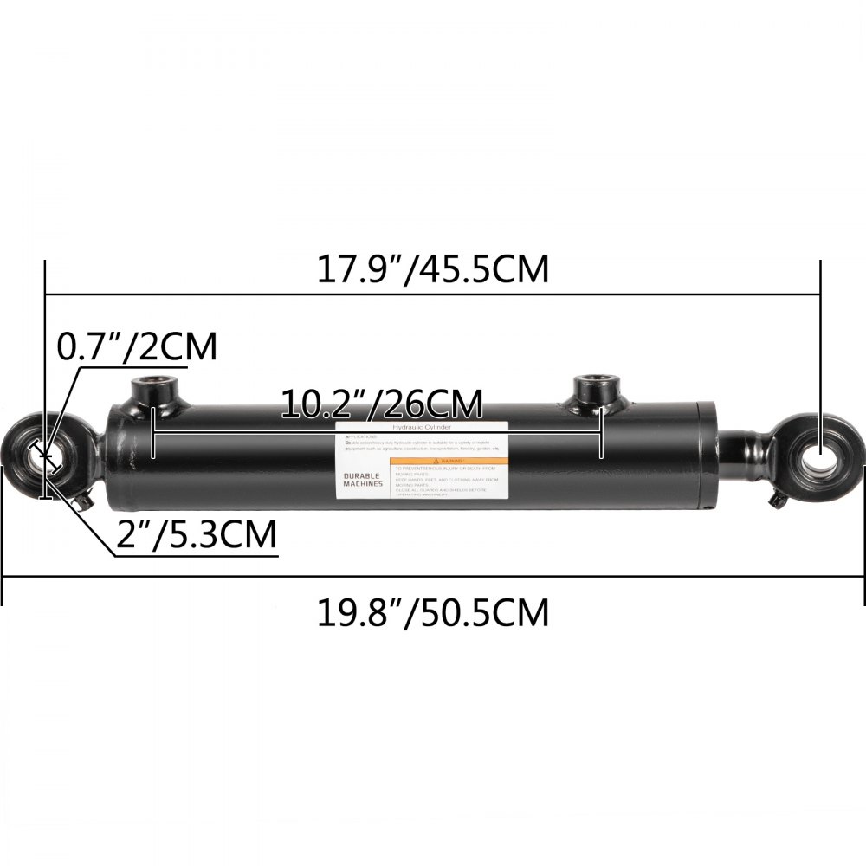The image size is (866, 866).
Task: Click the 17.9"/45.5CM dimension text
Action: point(431,269)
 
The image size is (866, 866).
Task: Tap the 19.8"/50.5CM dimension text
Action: point(431,613)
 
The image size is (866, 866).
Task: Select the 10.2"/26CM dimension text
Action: point(381,404)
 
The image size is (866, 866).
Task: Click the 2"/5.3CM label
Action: point(197,535)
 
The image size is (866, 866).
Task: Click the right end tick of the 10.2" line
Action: point(600,433)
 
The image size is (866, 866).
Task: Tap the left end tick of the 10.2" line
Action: point(153,433)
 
